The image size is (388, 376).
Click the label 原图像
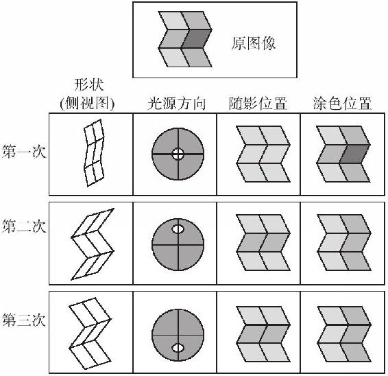[x=254, y=44]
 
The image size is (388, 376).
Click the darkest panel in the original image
[x=197, y=38]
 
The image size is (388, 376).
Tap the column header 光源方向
[x=176, y=104]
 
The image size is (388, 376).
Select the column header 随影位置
[x=258, y=104]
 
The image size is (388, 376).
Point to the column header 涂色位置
[x=342, y=104]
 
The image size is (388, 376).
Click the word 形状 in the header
[x=88, y=85]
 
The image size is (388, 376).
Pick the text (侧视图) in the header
[x=87, y=104]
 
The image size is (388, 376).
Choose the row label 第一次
[x=24, y=152]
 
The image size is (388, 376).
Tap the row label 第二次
[x=24, y=226]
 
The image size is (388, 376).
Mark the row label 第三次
[x=24, y=320]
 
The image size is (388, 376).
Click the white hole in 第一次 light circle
[x=178, y=154]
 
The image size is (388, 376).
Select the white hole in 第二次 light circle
[x=178, y=229]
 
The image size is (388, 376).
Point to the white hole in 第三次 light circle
[x=178, y=348]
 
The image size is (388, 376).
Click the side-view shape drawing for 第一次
[x=94, y=153]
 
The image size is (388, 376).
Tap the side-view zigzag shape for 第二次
[x=93, y=244]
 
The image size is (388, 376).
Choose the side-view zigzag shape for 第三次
[x=90, y=333]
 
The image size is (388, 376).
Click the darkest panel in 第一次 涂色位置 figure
[x=355, y=154]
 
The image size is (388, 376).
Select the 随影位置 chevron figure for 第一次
[x=263, y=154]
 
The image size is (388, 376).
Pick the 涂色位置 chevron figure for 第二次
[x=344, y=242]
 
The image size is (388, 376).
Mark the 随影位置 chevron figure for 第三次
[x=263, y=334]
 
